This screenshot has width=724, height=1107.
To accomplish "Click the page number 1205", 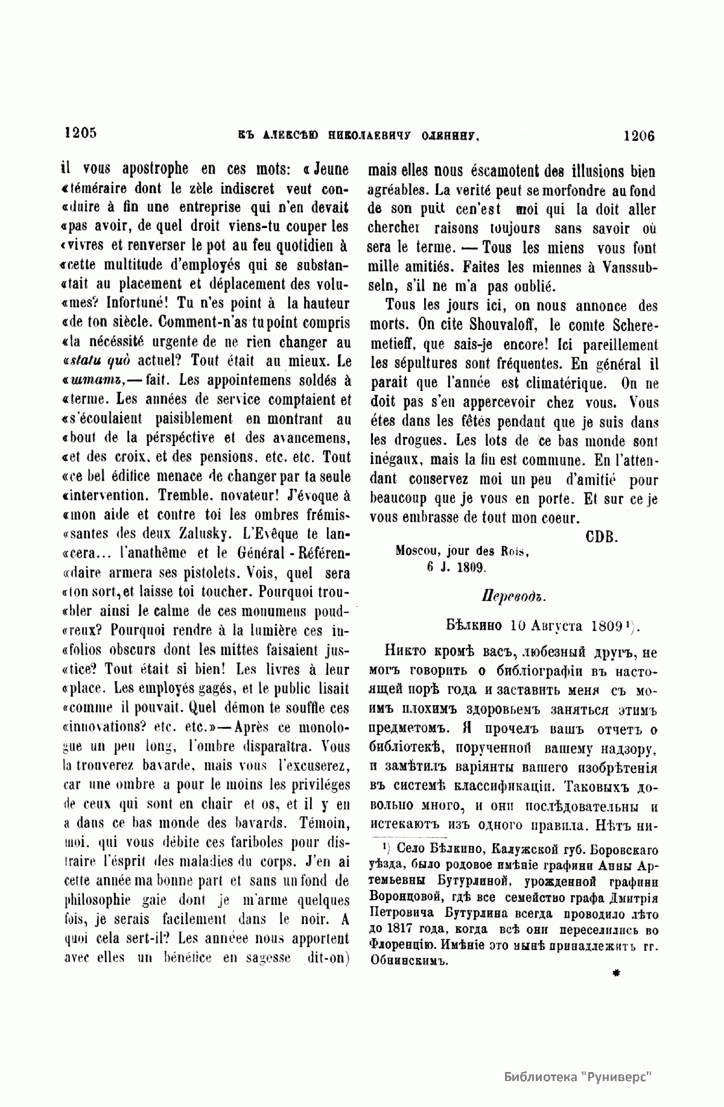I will coord(80,133).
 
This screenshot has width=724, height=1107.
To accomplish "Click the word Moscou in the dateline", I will coord(417,551).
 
